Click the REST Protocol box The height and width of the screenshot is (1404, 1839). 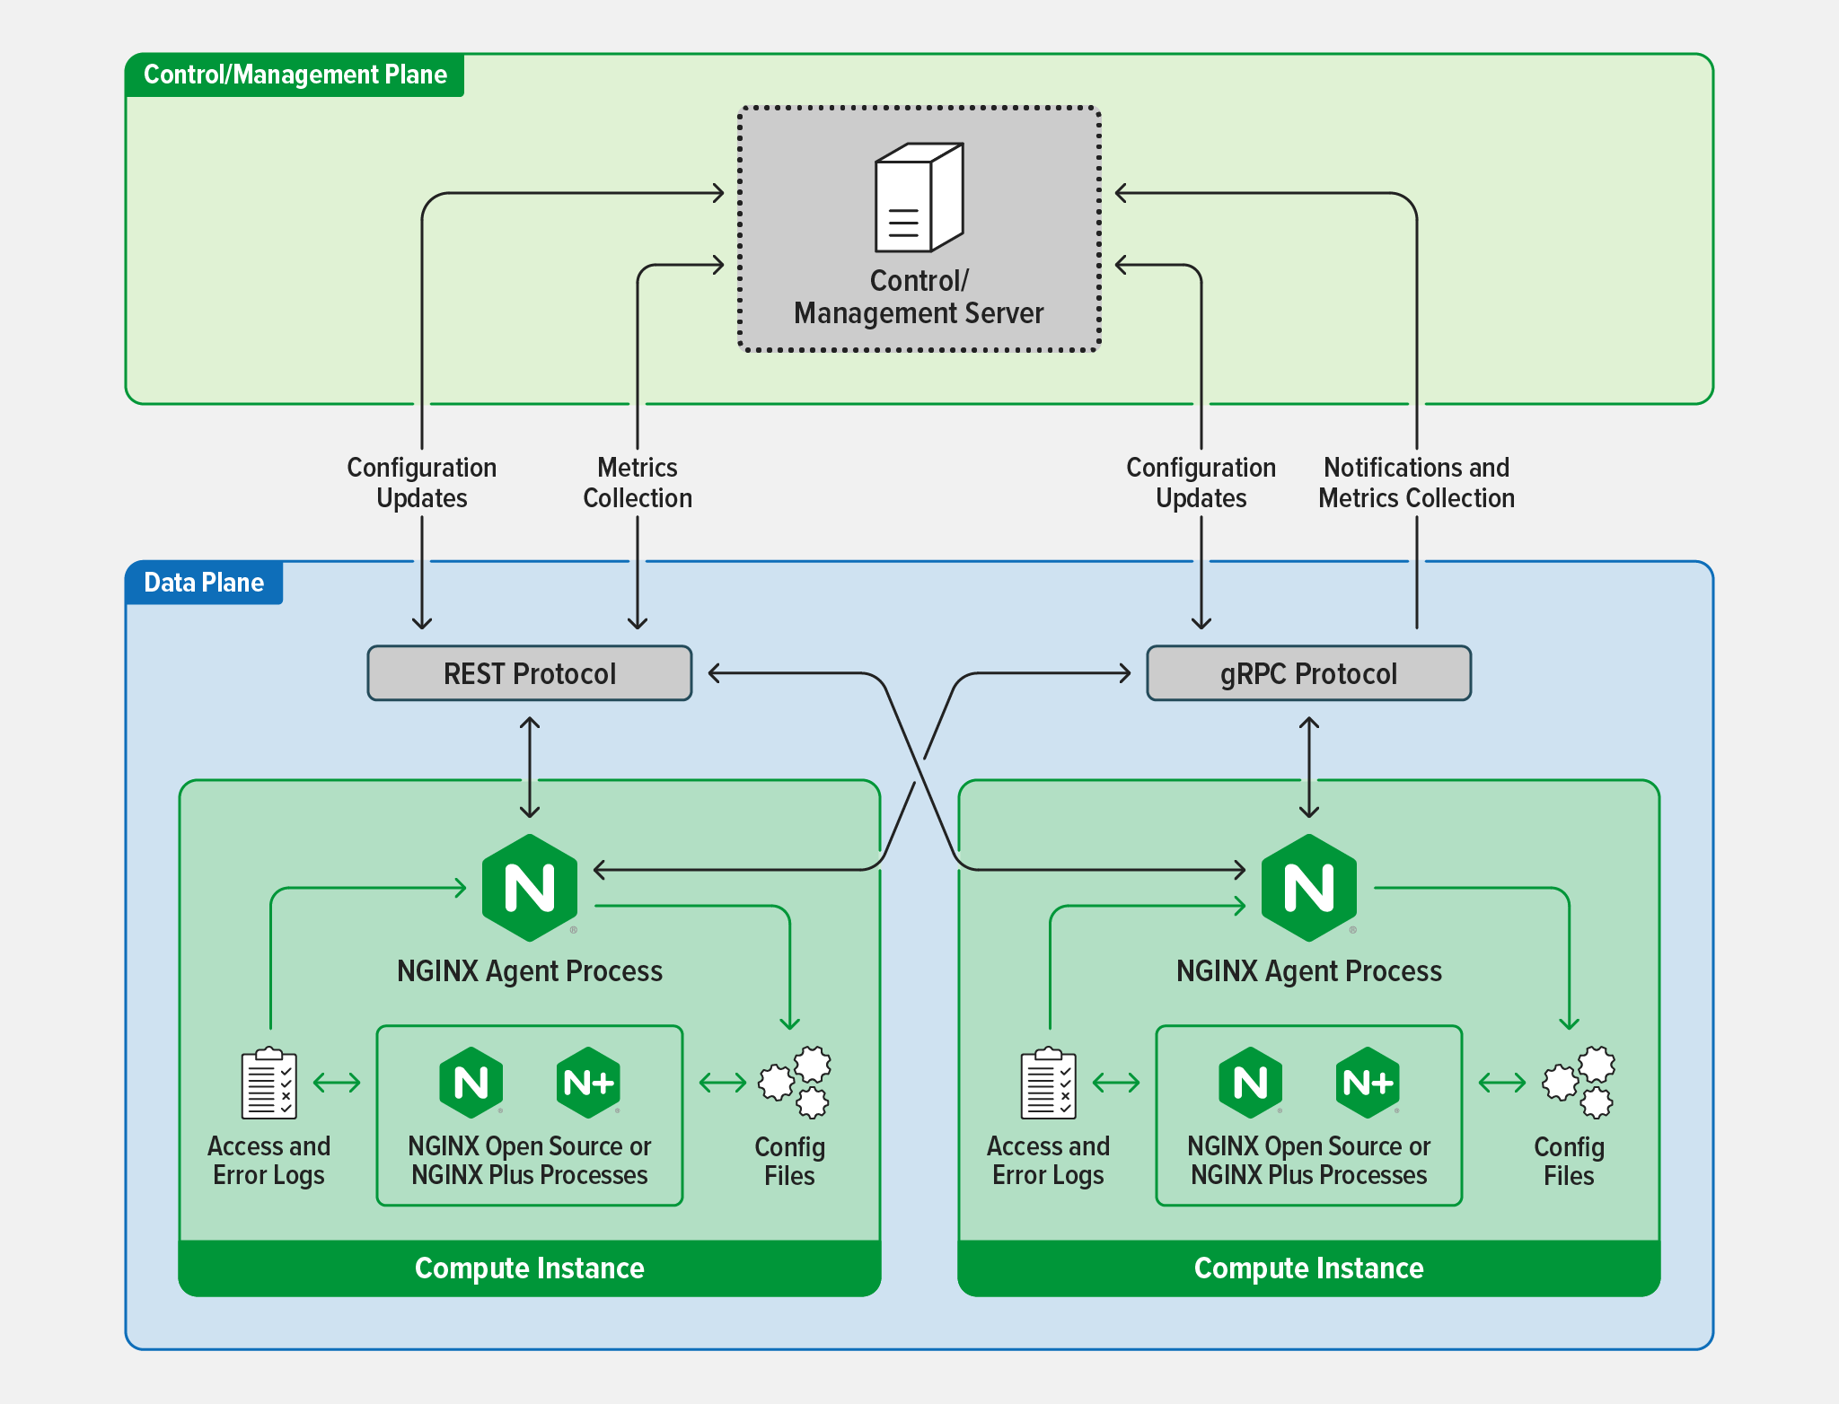529,673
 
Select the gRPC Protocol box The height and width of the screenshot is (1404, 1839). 1307,673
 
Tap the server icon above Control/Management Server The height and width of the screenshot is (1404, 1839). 918,197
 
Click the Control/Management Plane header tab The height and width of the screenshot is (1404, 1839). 295,75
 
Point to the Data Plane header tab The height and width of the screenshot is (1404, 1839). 204,583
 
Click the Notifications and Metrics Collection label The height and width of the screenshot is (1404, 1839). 1416,483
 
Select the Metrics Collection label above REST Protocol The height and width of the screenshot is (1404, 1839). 638,483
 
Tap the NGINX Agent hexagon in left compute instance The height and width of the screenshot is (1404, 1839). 530,888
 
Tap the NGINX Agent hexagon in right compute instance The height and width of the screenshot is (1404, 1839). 1308,888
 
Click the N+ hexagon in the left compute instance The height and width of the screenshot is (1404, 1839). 588,1083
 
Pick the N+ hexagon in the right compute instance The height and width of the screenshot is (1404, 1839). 1368,1083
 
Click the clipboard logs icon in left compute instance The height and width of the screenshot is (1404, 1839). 268,1084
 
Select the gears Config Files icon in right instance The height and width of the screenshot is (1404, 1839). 1579,1082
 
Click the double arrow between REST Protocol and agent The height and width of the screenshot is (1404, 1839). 530,768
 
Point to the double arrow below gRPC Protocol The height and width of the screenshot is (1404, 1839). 1309,768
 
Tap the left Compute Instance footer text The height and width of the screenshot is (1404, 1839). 530,1268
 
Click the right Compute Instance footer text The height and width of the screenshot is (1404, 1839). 1308,1268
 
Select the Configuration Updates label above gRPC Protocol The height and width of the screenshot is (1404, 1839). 1201,483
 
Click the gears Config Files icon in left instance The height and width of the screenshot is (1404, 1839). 796,1082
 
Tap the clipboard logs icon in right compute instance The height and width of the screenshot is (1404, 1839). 1048,1084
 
